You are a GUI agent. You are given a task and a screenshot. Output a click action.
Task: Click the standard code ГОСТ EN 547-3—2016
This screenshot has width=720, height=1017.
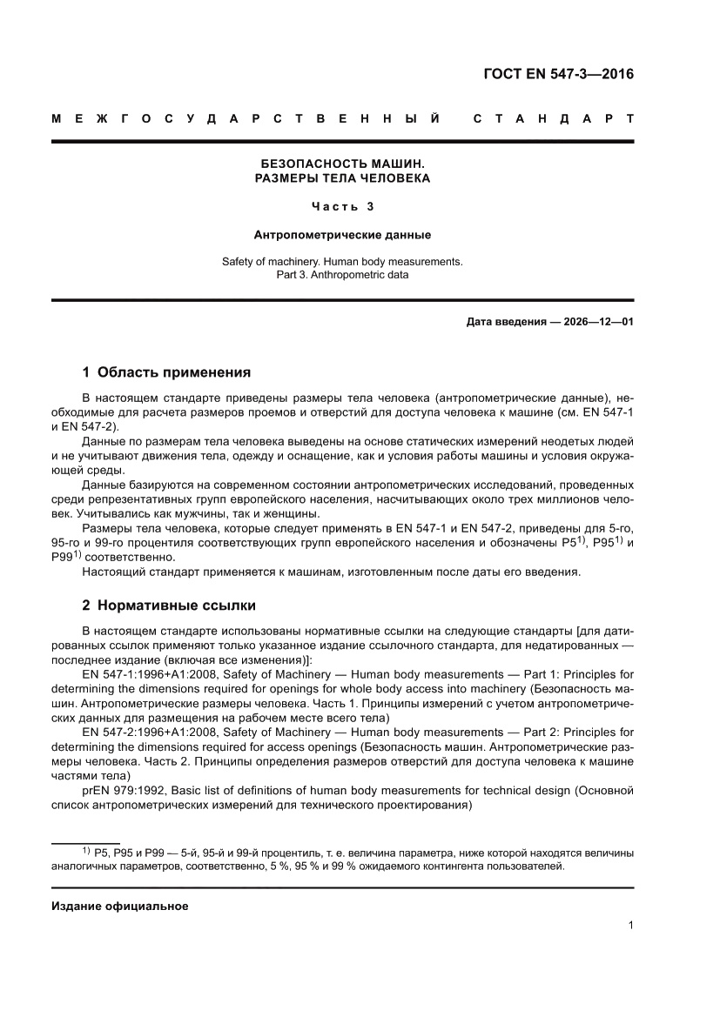pyautogui.click(x=558, y=73)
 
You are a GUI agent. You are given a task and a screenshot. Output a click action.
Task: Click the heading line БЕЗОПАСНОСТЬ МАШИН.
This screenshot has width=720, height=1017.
pyautogui.click(x=342, y=164)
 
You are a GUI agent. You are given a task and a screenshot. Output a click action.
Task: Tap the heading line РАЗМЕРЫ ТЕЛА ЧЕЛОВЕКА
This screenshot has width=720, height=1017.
pyautogui.click(x=342, y=178)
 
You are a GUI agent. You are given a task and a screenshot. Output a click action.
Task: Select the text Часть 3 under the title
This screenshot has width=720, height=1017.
pyautogui.click(x=342, y=207)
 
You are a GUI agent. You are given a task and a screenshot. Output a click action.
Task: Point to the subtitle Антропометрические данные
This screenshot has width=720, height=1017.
pyautogui.click(x=342, y=234)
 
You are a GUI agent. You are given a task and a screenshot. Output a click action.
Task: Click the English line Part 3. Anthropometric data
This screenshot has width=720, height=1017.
pyautogui.click(x=342, y=274)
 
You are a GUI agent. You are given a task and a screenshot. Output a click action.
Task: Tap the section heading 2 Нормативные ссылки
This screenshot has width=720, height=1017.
pyautogui.click(x=169, y=605)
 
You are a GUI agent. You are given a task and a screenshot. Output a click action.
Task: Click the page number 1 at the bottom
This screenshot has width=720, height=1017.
pyautogui.click(x=629, y=926)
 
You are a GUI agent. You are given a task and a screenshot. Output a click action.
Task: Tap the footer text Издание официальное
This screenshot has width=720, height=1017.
pyautogui.click(x=120, y=906)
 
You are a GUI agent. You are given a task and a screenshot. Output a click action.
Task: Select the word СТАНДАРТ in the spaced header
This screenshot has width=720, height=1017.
pyautogui.click(x=553, y=117)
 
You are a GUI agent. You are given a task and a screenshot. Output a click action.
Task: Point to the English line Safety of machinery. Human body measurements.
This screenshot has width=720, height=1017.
pyautogui.click(x=342, y=261)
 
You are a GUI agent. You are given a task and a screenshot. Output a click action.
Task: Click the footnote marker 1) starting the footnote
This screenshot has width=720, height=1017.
pyautogui.click(x=86, y=850)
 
